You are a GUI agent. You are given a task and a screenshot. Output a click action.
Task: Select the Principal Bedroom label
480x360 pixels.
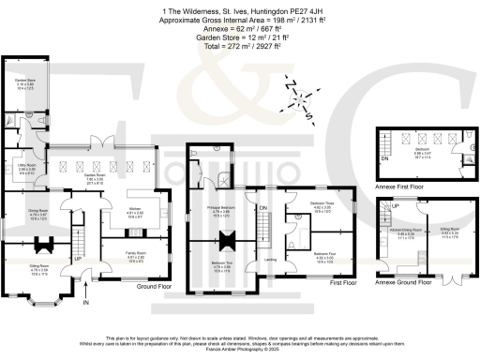(x=216, y=212)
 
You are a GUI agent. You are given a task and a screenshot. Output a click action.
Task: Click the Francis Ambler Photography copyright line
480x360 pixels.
(x=239, y=346)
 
